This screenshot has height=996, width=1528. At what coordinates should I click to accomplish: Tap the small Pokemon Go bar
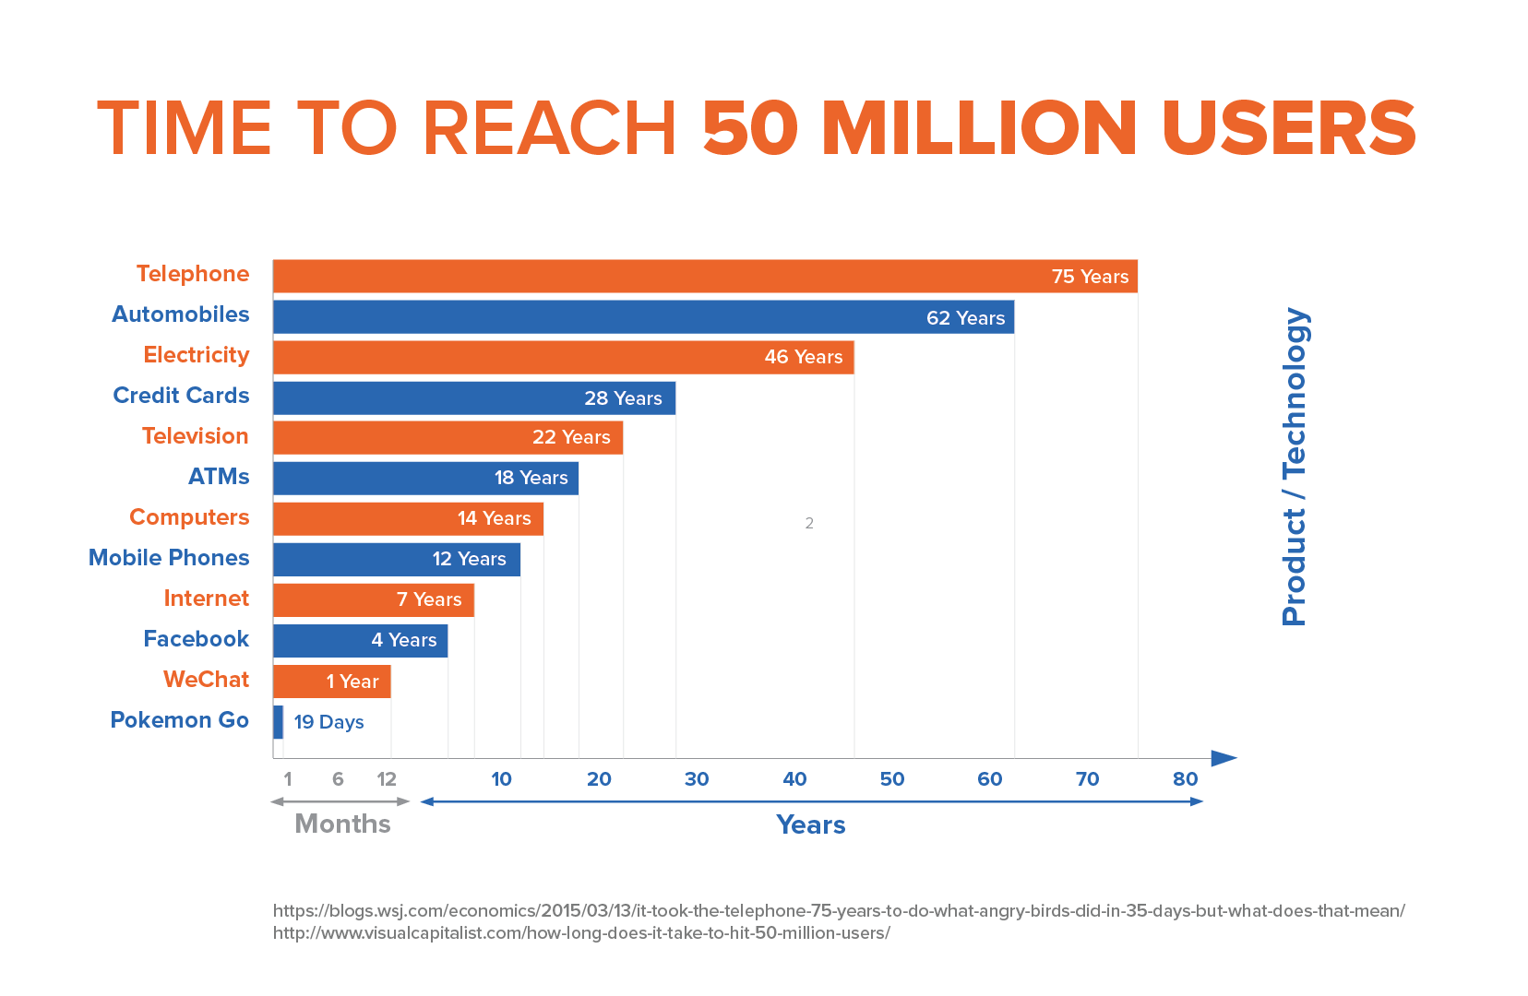[279, 722]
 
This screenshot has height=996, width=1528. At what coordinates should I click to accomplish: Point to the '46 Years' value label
[803, 357]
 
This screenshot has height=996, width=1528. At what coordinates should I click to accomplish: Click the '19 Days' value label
[328, 722]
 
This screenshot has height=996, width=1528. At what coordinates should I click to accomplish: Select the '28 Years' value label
[623, 398]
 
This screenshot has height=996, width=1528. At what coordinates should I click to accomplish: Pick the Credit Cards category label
[181, 396]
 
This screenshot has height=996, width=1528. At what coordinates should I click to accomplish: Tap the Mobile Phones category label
[169, 558]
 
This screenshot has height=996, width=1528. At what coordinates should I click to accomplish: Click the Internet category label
[206, 599]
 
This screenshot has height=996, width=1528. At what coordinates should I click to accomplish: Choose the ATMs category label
[219, 477]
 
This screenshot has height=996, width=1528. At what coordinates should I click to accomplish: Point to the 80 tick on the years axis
[1185, 779]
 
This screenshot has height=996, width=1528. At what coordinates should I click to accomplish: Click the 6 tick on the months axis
[338, 779]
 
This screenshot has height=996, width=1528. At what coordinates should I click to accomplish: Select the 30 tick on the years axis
[697, 779]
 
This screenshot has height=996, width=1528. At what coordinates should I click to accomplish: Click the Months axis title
[342, 824]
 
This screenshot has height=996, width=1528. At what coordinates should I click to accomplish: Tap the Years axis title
[810, 824]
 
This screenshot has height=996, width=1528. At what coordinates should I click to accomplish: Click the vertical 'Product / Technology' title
[1295, 466]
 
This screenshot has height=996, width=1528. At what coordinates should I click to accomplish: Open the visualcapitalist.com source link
[581, 932]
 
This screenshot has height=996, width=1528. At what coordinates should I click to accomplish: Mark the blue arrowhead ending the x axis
[1224, 758]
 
